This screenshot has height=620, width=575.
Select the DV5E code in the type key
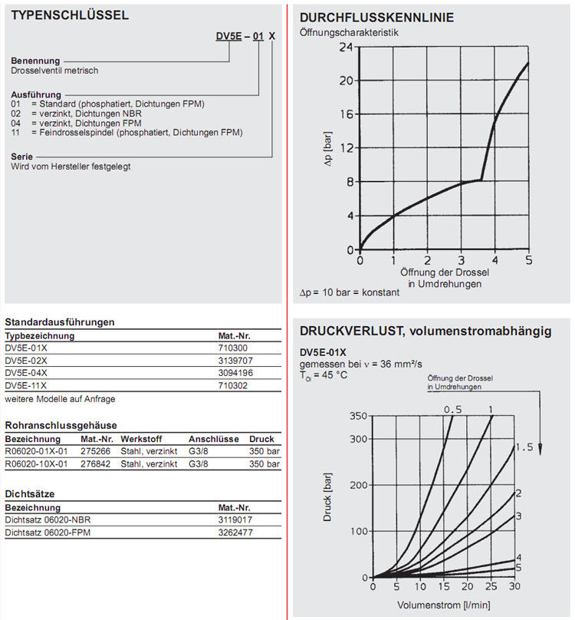[229, 37]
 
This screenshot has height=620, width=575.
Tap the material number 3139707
[235, 360]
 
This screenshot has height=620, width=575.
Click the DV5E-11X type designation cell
[26, 384]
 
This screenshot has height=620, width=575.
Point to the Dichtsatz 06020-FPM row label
[42, 532]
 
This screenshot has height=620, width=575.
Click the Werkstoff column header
[141, 439]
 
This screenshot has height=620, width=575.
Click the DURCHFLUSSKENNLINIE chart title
[376, 18]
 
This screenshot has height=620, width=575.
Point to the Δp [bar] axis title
[328, 147]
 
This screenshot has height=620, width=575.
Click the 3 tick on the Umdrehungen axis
[462, 261]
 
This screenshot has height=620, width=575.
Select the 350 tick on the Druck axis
[359, 416]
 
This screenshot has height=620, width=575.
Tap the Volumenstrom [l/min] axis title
[442, 605]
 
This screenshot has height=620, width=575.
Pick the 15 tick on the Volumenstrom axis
[443, 587]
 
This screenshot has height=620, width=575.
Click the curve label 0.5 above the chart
[454, 409]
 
